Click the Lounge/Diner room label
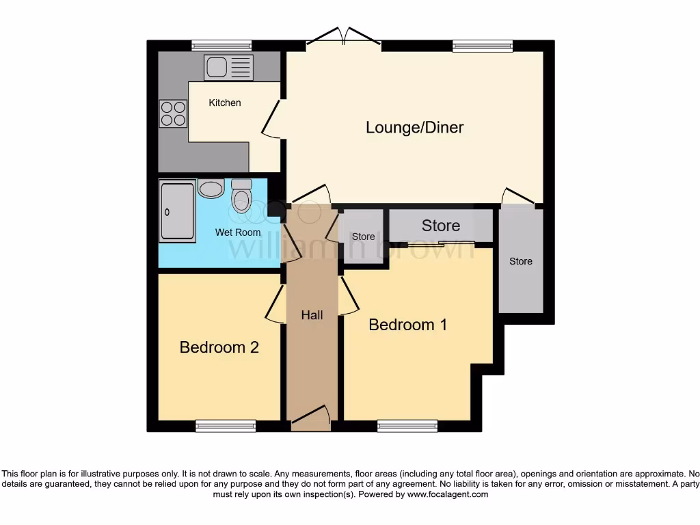coord(414,127)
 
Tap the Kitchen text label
coord(225,103)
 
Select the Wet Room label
coord(238,232)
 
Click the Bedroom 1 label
coord(407,324)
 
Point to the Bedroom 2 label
coord(219,347)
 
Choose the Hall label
coord(312,315)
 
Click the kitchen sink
coord(228,68)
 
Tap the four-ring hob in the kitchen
coord(173,113)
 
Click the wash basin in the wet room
coord(211,188)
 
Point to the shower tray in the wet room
coord(177,211)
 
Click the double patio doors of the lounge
coord(343,38)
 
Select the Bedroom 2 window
coord(226,426)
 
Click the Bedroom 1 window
coord(407,426)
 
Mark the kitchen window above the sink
coord(221,46)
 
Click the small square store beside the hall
coord(363,237)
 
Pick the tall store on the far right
coord(521,261)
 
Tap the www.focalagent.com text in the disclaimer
coord(448,494)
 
